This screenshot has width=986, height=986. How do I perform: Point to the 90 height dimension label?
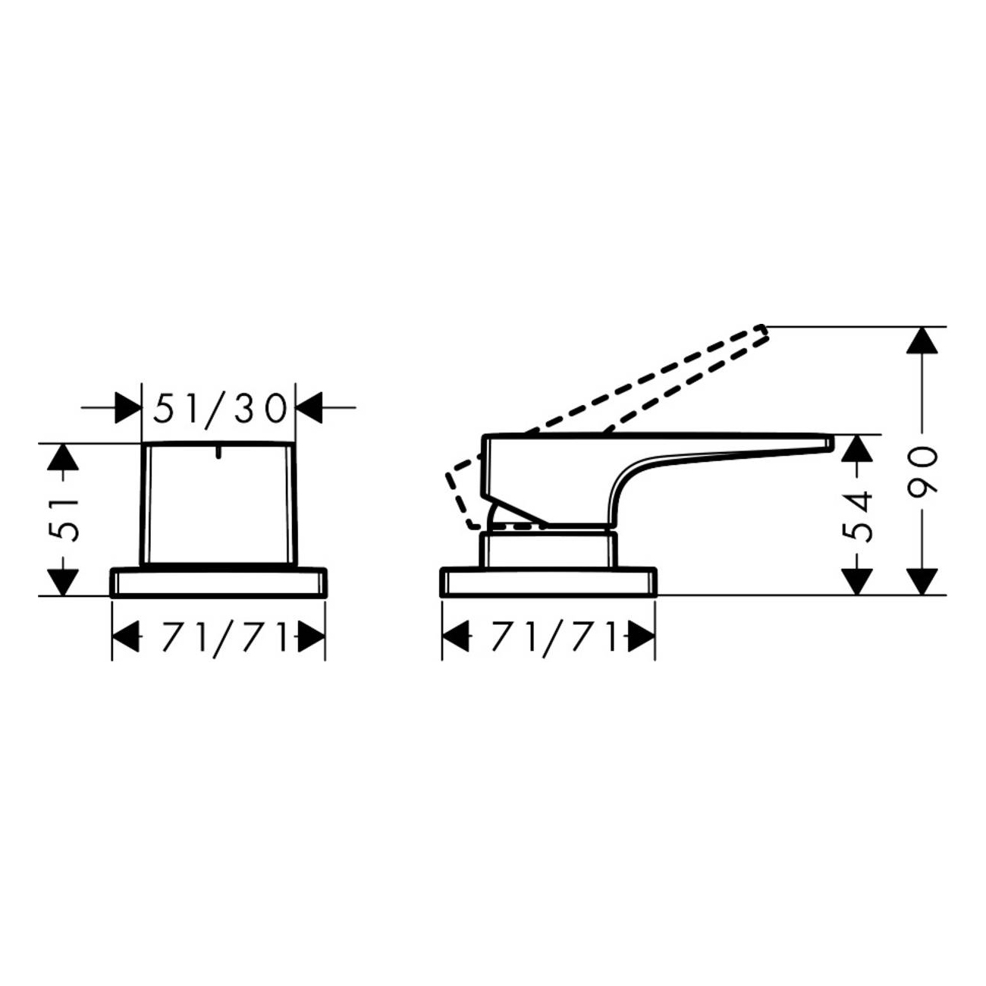pyautogui.click(x=922, y=469)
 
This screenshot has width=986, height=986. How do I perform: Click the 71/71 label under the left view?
pyautogui.click(x=219, y=638)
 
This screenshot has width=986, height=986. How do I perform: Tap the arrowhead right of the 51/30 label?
pyautogui.click(x=309, y=408)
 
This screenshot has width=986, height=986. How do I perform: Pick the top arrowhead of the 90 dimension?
pyautogui.click(x=922, y=340)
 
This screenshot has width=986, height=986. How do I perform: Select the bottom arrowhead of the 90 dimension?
pyautogui.click(x=922, y=582)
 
